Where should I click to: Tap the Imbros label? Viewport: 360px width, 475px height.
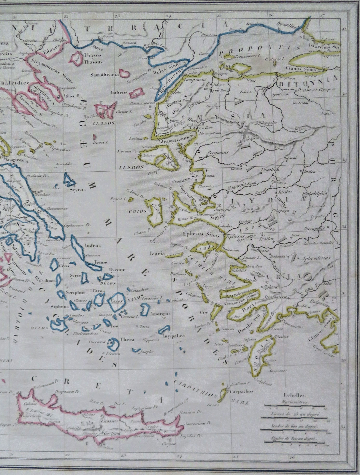point(119,92)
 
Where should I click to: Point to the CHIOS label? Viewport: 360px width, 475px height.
point(138,211)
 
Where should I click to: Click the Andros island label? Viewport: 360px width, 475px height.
point(93,246)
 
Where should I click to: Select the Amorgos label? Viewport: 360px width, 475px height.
point(161,314)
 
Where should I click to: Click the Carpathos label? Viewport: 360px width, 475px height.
point(241,391)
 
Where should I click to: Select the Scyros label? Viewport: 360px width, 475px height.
point(78,189)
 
